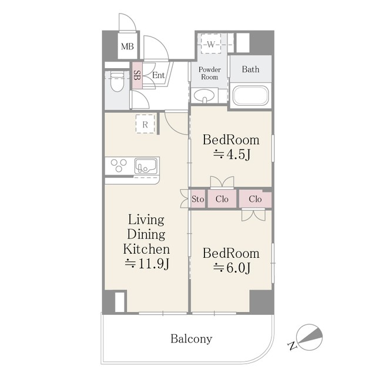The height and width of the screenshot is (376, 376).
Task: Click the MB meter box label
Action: click(127, 46)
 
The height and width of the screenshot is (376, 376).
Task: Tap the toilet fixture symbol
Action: click(117, 82)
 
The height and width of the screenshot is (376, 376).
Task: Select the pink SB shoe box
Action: click(137, 76)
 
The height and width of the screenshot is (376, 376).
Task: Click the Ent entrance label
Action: click(158, 75)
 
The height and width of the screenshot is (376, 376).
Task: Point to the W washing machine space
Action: click(211, 44)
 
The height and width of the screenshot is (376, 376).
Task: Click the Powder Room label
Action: click(210, 73)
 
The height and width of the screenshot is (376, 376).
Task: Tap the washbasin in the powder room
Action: click(204, 95)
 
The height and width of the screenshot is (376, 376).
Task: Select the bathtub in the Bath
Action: click(251, 95)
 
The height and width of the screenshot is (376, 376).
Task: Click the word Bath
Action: click(251, 69)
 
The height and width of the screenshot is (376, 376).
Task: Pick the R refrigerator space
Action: click(145, 124)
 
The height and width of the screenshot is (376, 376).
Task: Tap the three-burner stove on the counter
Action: click(119, 166)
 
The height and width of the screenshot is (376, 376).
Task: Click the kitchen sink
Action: click(146, 166)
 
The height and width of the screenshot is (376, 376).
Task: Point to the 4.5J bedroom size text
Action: click(231, 155)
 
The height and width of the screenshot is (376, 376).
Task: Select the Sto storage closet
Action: click(198, 199)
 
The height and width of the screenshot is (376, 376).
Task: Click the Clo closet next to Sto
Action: click(222, 199)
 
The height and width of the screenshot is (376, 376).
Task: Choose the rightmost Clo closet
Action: click(255, 199)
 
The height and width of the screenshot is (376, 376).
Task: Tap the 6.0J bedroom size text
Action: click(231, 268)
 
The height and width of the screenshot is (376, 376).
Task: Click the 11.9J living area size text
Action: click(147, 264)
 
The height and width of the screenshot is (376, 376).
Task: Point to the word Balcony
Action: click(192, 339)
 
